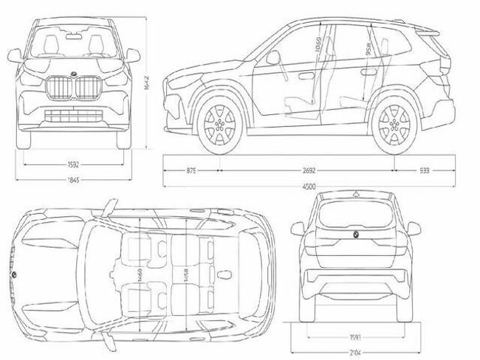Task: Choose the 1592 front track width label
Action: point(72,165)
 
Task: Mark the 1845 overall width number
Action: point(72,179)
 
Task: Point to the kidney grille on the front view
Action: point(72,88)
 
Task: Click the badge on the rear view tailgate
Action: point(354,234)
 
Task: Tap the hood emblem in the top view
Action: point(13,275)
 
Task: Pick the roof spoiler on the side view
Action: point(428,31)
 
